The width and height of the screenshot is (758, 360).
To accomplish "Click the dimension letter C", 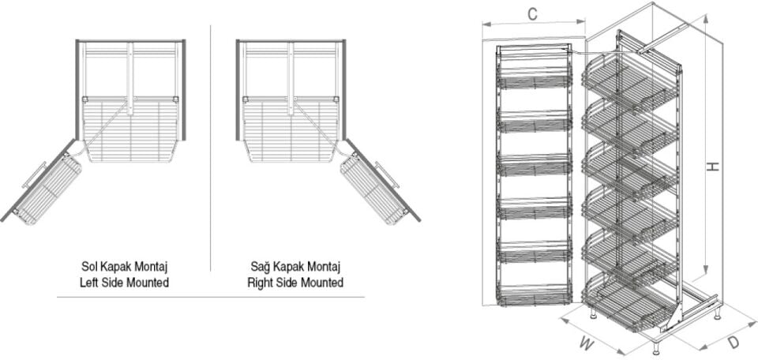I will click(x=533, y=13).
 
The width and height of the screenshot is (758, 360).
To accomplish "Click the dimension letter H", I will click(x=713, y=167).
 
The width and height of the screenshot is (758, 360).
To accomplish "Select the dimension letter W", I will click(x=585, y=343).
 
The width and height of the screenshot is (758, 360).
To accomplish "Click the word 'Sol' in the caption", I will click(x=90, y=268).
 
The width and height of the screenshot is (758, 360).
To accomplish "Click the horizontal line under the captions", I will click(x=210, y=297).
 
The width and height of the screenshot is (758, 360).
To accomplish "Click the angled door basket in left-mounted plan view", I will click(x=49, y=188).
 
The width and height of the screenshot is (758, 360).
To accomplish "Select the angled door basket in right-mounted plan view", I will click(x=371, y=188).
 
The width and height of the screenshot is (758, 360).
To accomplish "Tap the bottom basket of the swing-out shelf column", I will click(x=628, y=303).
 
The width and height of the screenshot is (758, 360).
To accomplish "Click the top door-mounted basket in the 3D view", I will click(x=535, y=77).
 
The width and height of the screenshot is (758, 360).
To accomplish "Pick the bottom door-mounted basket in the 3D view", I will click(x=535, y=294).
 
